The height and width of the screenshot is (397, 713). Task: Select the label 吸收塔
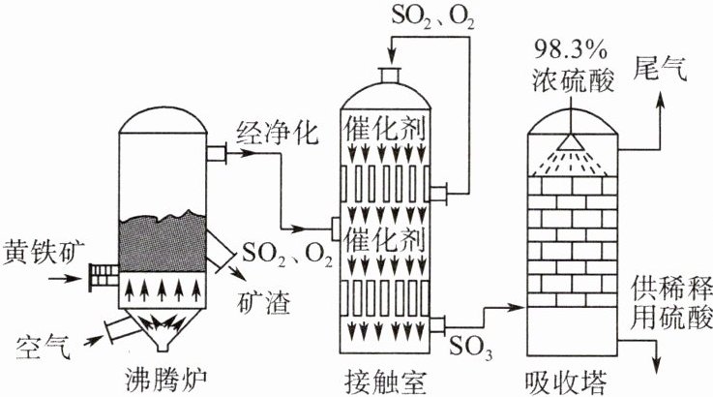coord(569,378)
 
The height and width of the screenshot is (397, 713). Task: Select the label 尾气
coord(661,68)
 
